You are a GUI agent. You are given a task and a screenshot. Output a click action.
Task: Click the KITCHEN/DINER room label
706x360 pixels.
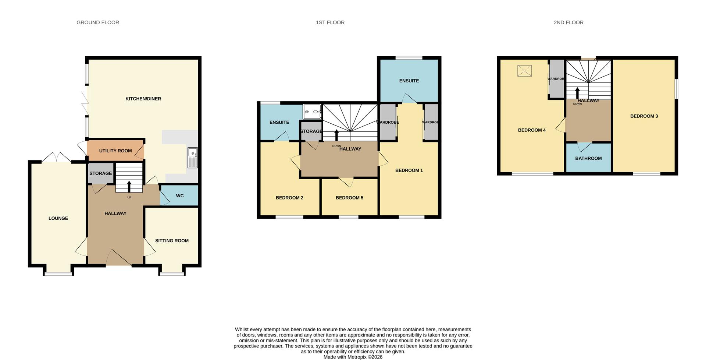tap(143, 99)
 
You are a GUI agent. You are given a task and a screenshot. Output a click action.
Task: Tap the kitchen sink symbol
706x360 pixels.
tap(192, 158)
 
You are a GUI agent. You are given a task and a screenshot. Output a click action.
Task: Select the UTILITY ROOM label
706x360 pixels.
tap(115, 151)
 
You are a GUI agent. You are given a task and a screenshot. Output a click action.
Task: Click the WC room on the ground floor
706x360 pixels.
tap(179, 195)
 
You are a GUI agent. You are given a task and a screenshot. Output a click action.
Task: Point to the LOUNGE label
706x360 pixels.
tap(58, 218)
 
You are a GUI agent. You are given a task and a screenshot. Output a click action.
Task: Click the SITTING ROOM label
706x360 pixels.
tap(172, 241)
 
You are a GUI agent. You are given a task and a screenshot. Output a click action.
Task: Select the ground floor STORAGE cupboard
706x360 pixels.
tap(100, 173)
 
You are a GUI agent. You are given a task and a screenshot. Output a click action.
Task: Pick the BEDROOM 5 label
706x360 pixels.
tap(349, 198)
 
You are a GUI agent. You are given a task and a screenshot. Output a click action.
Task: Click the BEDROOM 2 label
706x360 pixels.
tap(289, 198)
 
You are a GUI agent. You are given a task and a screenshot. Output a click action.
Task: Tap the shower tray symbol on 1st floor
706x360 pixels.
tap(312, 112)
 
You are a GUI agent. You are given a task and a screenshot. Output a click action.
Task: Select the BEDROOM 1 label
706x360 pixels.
tap(409, 170)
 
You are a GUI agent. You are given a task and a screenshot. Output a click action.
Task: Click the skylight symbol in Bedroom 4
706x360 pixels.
tap(524, 71)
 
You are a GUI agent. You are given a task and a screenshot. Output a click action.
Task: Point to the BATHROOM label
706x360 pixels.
tap(588, 158)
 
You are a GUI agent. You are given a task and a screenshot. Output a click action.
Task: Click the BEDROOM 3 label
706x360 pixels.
tap(644, 116)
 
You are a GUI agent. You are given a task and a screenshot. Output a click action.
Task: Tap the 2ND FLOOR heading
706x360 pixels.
tap(568, 22)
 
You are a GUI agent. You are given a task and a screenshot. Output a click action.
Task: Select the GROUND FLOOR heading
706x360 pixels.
tap(98, 22)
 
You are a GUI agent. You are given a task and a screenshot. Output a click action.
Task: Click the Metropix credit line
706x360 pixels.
tap(353, 357)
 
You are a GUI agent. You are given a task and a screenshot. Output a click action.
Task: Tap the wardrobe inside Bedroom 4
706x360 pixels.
tap(556, 79)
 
